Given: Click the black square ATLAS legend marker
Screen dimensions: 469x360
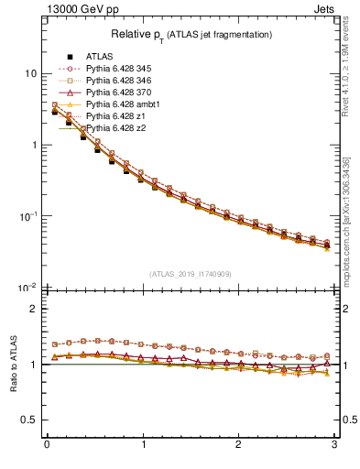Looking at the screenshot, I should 70,57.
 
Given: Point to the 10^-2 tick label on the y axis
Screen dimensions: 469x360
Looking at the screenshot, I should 27,288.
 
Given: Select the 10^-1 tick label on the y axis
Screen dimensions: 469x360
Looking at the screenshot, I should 27,216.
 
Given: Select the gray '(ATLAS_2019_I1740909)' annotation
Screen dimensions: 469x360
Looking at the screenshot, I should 190,273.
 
